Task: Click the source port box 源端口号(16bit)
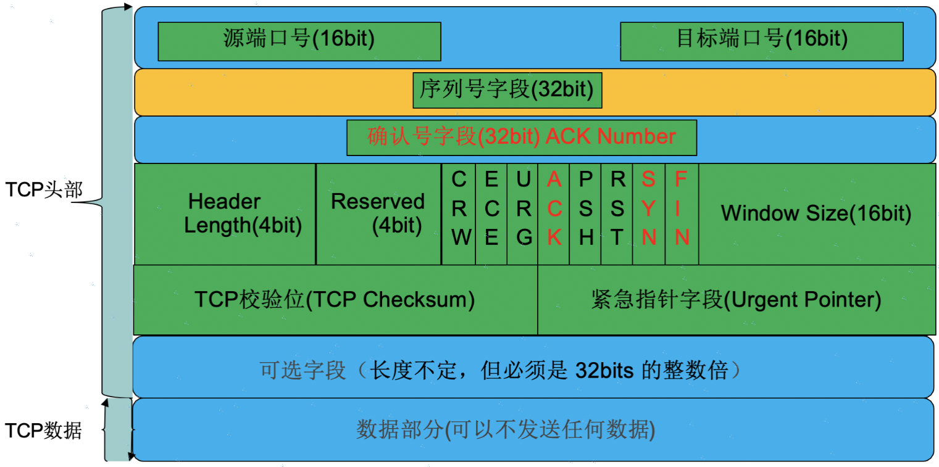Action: pyautogui.click(x=299, y=41)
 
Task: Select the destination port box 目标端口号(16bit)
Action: pyautogui.click(x=761, y=41)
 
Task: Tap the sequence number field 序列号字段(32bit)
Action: pyautogui.click(x=507, y=91)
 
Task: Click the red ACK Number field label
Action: pyautogui.click(x=522, y=136)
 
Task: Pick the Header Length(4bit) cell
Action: pyautogui.click(x=225, y=213)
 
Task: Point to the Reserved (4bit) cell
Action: pyautogui.click(x=378, y=213)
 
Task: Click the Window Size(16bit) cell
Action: pyautogui.click(x=816, y=213)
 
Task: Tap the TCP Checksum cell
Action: pyautogui.click(x=335, y=300)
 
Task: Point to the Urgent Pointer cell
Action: pyautogui.click(x=735, y=300)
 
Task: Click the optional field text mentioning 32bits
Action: pyautogui.click(x=500, y=371)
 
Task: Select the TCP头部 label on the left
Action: pyautogui.click(x=43, y=189)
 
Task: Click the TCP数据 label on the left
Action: pyautogui.click(x=43, y=431)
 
